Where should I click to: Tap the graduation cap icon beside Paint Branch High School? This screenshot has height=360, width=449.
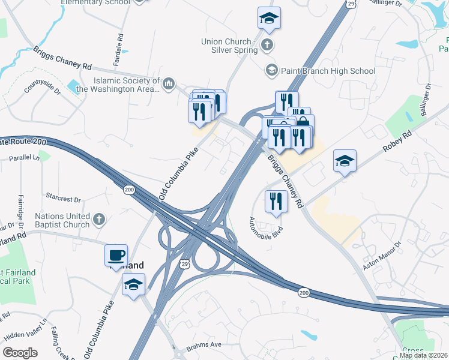[x=272, y=71]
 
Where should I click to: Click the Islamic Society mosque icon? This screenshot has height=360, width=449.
[x=169, y=83]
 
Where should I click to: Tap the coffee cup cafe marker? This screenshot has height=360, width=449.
[x=116, y=256]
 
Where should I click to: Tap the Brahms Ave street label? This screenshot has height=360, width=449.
[x=205, y=344]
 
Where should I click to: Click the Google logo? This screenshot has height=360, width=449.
[x=20, y=352]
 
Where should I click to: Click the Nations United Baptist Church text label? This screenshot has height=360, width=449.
[x=62, y=220]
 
